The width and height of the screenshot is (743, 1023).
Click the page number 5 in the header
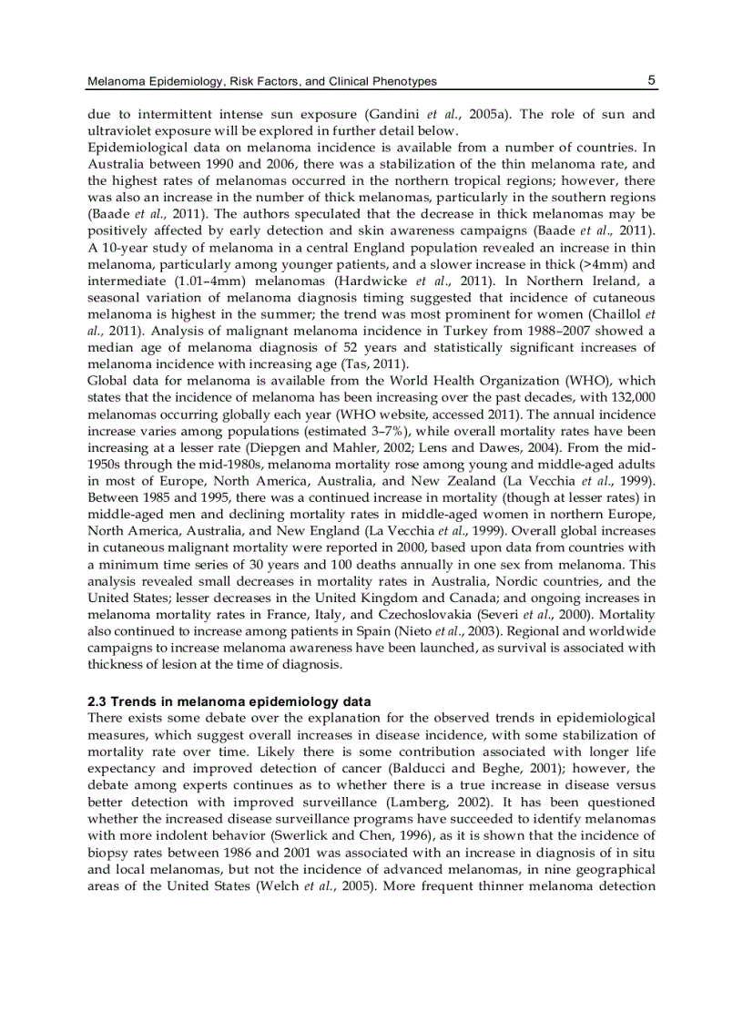click(x=652, y=80)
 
